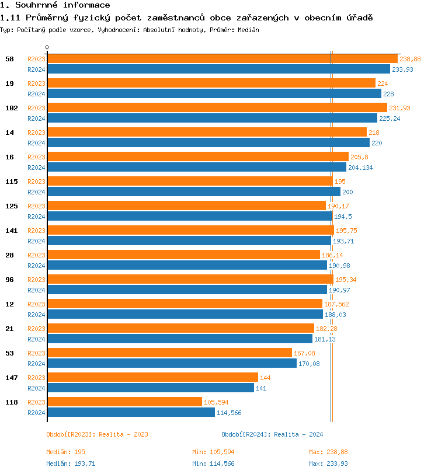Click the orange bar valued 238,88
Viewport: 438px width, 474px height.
[x=222, y=59]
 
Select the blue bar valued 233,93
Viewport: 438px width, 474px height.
[x=227, y=69]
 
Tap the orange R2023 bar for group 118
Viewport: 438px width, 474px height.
[x=124, y=402]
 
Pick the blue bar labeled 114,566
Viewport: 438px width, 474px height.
[x=131, y=413]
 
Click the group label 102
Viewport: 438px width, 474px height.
[x=11, y=108]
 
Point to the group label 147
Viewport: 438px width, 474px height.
[x=11, y=378]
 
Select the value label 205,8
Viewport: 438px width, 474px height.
[x=359, y=157]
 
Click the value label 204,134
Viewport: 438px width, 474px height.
[x=360, y=168]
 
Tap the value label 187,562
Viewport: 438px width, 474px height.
[x=336, y=304]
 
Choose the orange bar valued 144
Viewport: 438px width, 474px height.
[x=152, y=378]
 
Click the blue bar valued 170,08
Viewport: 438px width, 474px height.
[x=172, y=364]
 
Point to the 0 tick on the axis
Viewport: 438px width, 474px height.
[x=47, y=48]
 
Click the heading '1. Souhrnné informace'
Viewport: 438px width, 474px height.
[x=55, y=5]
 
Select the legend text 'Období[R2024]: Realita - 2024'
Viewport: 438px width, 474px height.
[x=272, y=434]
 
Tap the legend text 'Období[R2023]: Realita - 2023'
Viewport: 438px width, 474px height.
[x=97, y=434]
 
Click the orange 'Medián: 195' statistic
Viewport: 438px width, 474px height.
[x=66, y=452]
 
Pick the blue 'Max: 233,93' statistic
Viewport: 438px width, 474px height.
[x=328, y=463]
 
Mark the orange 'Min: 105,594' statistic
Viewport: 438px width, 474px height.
[x=214, y=452]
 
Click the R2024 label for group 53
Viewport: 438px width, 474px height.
[x=36, y=364]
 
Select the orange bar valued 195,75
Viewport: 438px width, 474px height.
[x=190, y=231]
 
